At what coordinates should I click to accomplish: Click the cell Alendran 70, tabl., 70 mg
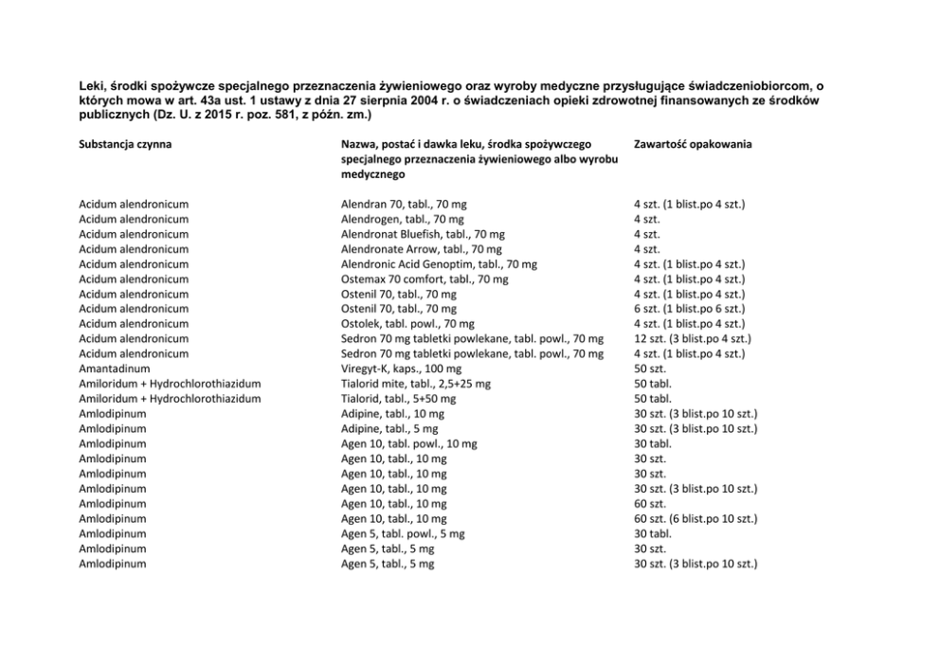[x=404, y=204]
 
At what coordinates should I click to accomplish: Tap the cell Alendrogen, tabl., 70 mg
[x=402, y=219]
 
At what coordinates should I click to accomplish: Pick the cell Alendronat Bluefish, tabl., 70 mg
[x=423, y=234]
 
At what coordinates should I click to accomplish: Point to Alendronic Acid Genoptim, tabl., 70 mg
[x=439, y=264]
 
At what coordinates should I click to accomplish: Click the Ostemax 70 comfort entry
[x=425, y=279]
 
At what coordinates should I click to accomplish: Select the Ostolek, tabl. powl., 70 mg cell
[x=407, y=324]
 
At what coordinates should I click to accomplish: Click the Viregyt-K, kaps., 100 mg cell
[x=402, y=368]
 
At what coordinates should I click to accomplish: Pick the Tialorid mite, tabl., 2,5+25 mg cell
[x=416, y=384]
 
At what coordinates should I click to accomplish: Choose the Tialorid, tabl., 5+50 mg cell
[x=398, y=399]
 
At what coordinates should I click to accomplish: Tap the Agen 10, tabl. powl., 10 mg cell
[x=409, y=443]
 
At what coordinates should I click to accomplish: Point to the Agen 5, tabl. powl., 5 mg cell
[x=403, y=533]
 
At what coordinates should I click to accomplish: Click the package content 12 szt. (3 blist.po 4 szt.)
[x=693, y=339]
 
